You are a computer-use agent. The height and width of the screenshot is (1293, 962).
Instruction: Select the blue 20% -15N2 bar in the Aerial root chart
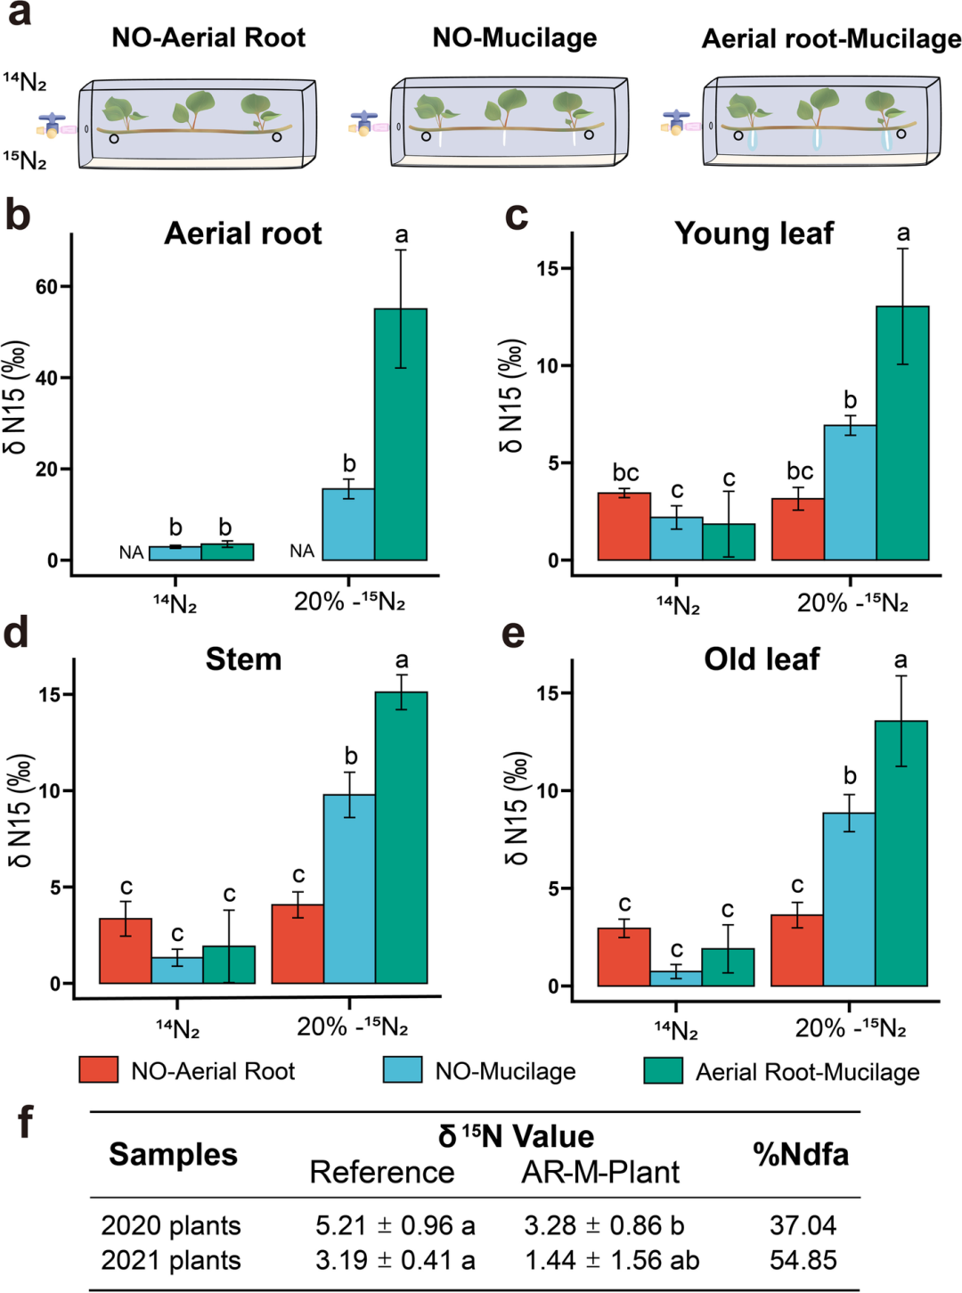pyautogui.click(x=348, y=525)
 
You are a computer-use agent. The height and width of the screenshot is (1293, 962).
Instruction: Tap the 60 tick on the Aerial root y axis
pyautogui.click(x=46, y=287)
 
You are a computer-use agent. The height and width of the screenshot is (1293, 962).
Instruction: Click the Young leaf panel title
pyautogui.click(x=754, y=233)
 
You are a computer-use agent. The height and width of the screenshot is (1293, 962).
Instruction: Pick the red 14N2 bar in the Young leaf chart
pyautogui.click(x=624, y=527)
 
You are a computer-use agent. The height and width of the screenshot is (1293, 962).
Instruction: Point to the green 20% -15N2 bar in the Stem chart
pyautogui.click(x=401, y=838)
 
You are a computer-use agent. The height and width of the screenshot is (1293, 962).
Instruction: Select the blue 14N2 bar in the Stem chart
pyautogui.click(x=177, y=970)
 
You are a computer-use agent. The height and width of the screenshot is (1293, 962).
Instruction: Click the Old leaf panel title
pyautogui.click(x=762, y=659)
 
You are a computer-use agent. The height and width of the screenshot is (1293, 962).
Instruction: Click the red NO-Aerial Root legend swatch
pyautogui.click(x=98, y=1070)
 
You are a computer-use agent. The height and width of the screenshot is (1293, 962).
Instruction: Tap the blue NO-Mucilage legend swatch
pyautogui.click(x=403, y=1070)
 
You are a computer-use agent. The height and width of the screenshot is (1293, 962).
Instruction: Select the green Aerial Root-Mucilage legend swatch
pyautogui.click(x=663, y=1070)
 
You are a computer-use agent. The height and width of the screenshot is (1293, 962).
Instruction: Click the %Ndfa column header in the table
pyautogui.click(x=800, y=1155)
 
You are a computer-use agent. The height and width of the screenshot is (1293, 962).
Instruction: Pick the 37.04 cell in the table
pyautogui.click(x=803, y=1225)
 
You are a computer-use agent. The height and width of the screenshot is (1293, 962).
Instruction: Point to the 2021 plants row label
pyautogui.click(x=171, y=1261)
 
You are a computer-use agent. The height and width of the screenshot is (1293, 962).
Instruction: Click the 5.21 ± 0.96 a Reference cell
pyautogui.click(x=395, y=1225)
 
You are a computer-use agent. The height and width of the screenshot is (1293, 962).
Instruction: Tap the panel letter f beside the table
pyautogui.click(x=26, y=1123)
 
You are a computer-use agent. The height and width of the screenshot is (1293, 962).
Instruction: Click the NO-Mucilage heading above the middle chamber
pyautogui.click(x=515, y=37)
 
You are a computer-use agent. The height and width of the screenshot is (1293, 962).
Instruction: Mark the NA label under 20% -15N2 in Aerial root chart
pyautogui.click(x=302, y=552)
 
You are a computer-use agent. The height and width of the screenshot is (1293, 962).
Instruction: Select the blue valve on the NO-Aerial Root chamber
pyautogui.click(x=53, y=119)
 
